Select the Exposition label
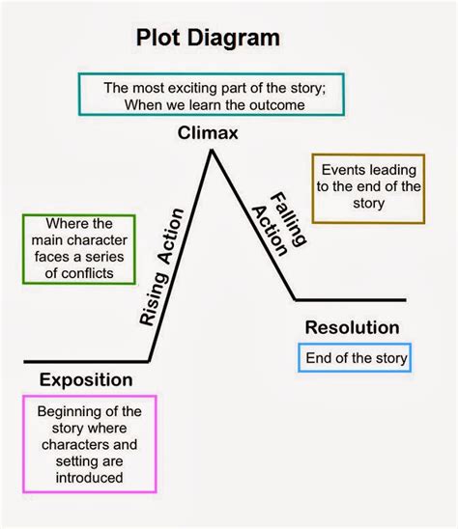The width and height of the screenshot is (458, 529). [x=86, y=379]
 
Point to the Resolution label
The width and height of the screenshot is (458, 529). [x=352, y=327]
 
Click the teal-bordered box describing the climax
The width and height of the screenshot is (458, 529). [x=209, y=95]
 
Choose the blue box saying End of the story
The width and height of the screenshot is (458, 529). [x=356, y=358]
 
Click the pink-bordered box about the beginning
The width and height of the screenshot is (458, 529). [x=88, y=445]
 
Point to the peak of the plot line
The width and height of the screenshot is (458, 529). [x=209, y=152]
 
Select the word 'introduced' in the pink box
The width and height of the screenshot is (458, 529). [x=88, y=477]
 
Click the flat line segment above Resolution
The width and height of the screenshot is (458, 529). [x=350, y=300]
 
